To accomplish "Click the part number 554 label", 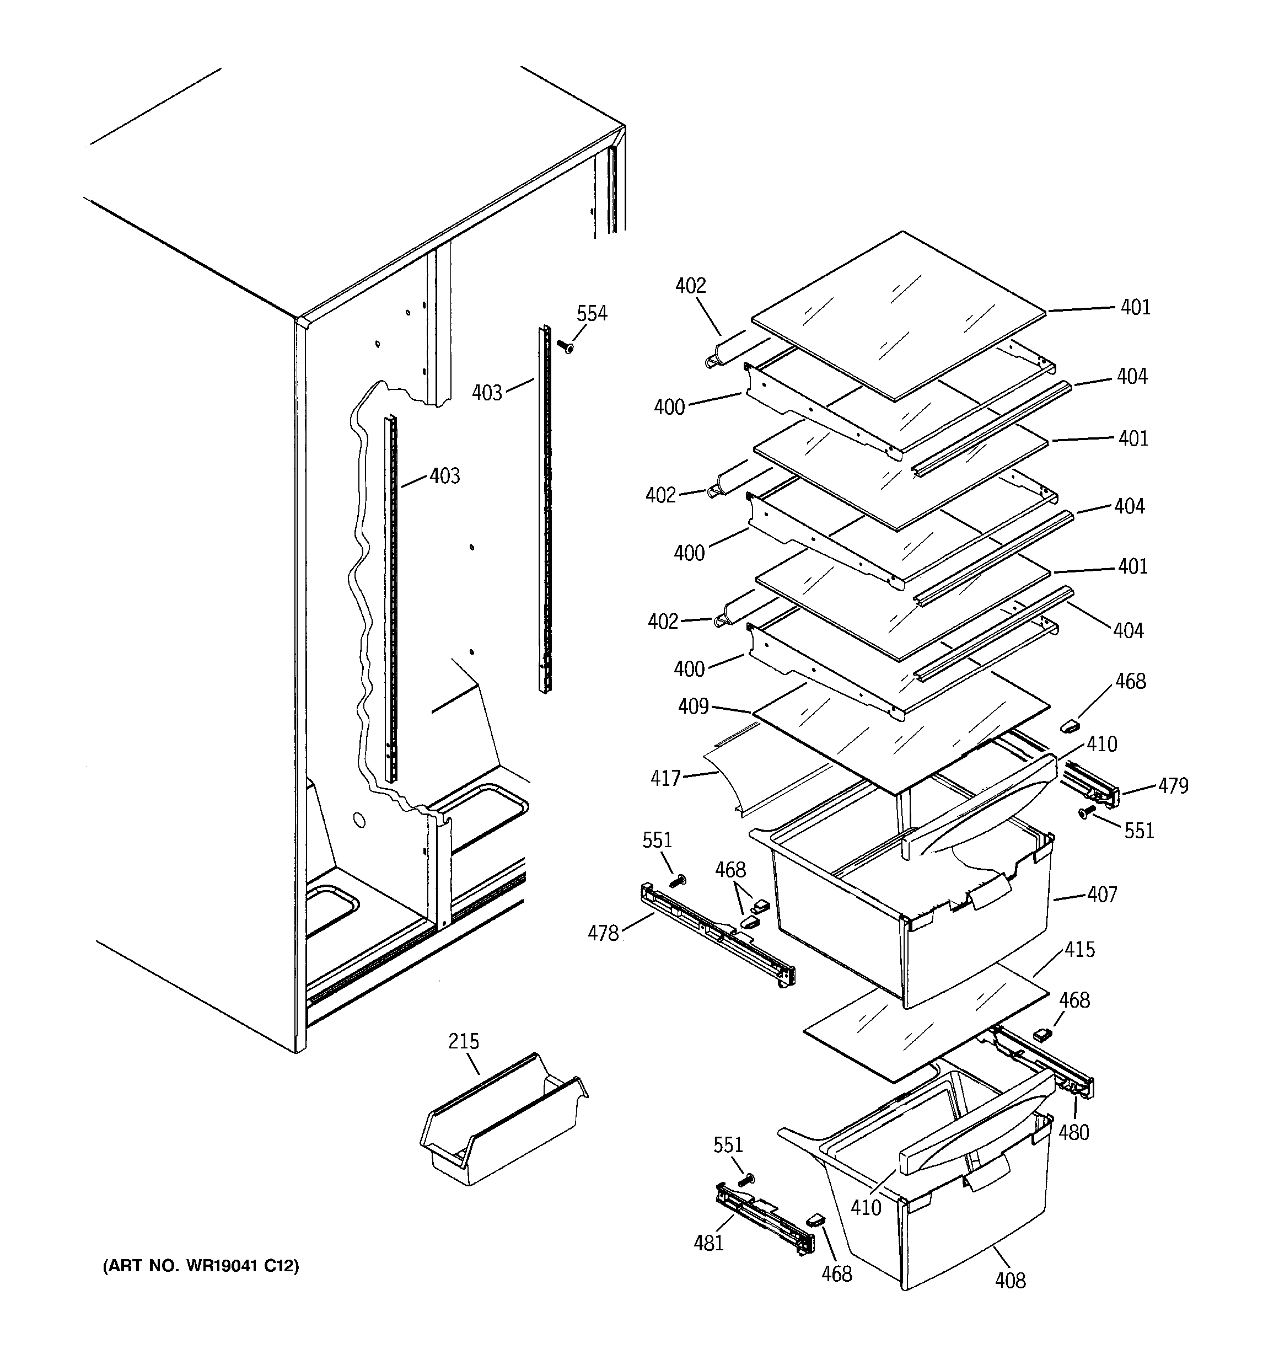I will point(591,314).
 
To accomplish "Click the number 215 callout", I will point(464,1042).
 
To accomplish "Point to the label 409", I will point(693,706).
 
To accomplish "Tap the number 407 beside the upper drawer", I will point(1102,894).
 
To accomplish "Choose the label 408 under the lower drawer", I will point(1010,1280).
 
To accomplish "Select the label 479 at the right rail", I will point(1173,785).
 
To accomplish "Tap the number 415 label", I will point(1079,950).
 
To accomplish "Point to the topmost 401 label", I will point(1136,307).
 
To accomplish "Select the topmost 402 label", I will point(690,286).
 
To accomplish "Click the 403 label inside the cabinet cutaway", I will point(444,476).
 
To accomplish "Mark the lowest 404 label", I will point(1128,630).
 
